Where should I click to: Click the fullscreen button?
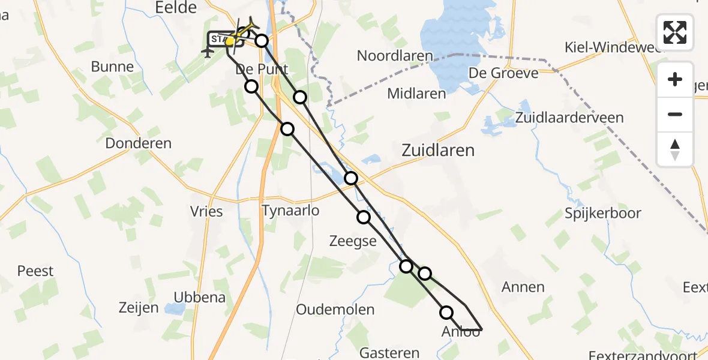pos(675,32)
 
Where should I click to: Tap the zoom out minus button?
pos(675,114)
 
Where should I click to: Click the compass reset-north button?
pos(675,149)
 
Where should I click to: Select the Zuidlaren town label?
pos(438,150)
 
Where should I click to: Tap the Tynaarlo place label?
pos(290,211)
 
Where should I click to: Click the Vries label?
pos(206,211)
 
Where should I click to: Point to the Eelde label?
pos(176,8)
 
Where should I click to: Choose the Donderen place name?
pos(138,143)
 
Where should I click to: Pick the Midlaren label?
pos(416,94)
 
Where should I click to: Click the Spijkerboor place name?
pos(603,213)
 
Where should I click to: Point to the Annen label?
pos(524,287)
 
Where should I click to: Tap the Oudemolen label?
pos(335,310)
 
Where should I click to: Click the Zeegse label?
pos(353,241)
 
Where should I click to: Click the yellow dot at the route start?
pos(230,41)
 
